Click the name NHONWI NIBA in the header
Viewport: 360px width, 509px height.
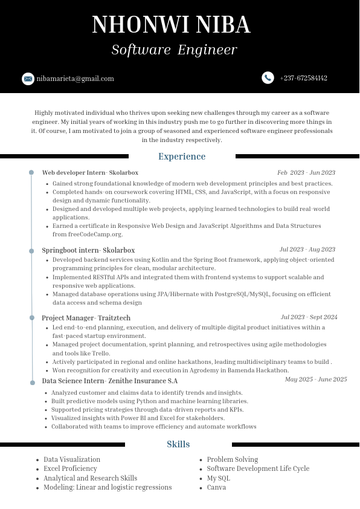click(x=171, y=25)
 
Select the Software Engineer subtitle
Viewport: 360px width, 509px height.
click(x=174, y=50)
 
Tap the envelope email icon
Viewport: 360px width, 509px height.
click(x=28, y=79)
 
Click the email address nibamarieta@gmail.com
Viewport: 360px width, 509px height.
click(x=75, y=79)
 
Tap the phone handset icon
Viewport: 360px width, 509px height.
click(x=268, y=78)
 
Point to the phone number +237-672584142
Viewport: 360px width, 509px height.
click(x=303, y=78)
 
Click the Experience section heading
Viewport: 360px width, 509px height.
click(x=182, y=157)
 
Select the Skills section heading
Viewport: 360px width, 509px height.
click(x=178, y=444)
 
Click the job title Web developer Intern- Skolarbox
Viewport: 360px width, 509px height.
click(x=90, y=173)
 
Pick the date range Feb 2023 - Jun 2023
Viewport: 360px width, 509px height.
click(x=306, y=173)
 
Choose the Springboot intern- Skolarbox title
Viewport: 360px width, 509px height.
click(x=88, y=250)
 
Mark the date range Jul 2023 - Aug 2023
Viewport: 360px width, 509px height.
click(x=307, y=250)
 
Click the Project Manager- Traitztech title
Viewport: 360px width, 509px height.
click(x=86, y=318)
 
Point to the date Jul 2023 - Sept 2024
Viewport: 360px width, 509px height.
click(x=309, y=317)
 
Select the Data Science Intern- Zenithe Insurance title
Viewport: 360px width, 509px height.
click(x=109, y=381)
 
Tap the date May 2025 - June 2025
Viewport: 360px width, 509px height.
click(x=316, y=380)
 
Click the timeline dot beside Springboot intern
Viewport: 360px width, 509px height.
click(x=31, y=250)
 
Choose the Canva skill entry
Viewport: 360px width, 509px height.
click(x=216, y=487)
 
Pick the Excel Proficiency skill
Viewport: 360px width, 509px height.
click(x=70, y=468)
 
